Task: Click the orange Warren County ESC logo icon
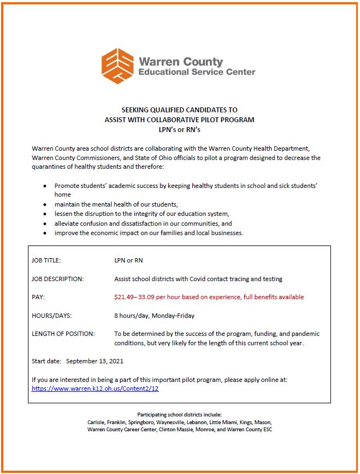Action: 118,66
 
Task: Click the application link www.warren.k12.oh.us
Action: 95,389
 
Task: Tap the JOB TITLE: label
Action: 47,260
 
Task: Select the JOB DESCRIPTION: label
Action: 58,279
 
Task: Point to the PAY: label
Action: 38,297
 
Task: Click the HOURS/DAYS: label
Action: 52,316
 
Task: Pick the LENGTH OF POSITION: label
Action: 63,334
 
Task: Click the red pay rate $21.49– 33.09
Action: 144,297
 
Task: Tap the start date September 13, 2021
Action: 95,361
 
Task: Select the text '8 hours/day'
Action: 131,316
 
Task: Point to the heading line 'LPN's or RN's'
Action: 179,129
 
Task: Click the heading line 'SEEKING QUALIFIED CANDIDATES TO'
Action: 179,110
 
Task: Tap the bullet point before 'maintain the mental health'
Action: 45,204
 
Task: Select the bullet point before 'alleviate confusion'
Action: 45,224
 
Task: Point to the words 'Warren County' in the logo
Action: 181,61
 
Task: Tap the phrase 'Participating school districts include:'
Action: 179,415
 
